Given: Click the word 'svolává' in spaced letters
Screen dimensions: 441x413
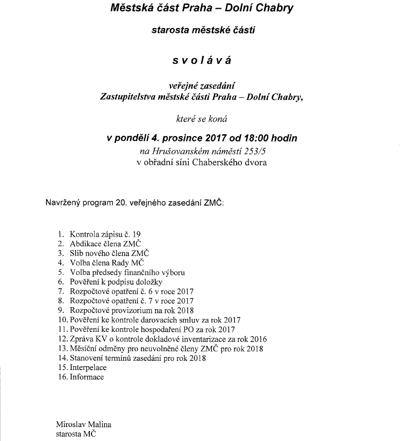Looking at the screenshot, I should click(202, 60).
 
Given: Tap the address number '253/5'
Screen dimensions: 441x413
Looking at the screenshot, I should click(252, 152).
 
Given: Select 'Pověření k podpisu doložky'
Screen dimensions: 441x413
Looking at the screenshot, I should click(116, 282).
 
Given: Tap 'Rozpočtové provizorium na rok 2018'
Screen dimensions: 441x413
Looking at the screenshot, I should click(131, 310).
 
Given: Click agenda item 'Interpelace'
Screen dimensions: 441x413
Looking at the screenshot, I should click(88, 367).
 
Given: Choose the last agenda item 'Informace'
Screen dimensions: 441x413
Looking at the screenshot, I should click(87, 377).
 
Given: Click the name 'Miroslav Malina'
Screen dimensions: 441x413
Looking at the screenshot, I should click(83, 424).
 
